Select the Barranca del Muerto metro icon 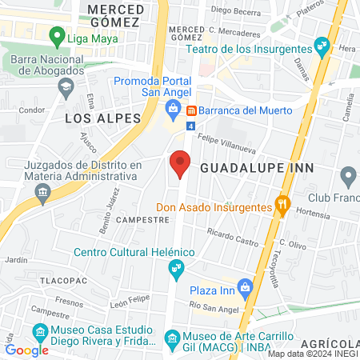(192, 110)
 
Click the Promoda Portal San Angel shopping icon (172, 108)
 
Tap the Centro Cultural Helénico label (134, 252)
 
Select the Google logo (26, 350)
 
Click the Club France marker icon (348, 175)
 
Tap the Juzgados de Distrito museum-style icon (42, 193)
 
